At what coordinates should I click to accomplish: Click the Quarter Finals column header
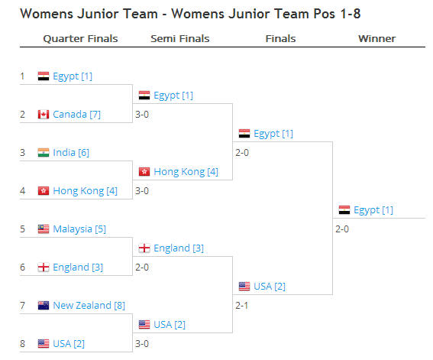(80, 39)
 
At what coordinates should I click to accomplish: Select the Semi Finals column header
(180, 39)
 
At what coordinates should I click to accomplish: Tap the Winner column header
(377, 39)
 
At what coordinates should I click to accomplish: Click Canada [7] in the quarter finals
(76, 115)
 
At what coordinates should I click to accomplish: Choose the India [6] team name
(71, 153)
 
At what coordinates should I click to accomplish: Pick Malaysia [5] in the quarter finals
(79, 229)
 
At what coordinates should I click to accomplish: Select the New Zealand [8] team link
(89, 306)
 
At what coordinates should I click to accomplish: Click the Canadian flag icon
(44, 115)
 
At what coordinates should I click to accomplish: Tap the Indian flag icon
(44, 153)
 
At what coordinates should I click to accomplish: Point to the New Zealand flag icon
(44, 305)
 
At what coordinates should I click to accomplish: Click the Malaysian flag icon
(44, 229)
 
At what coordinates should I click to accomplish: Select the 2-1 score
(241, 306)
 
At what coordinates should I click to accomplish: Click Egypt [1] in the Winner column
(373, 210)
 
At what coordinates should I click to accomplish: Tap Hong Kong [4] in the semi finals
(186, 172)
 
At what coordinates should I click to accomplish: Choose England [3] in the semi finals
(179, 248)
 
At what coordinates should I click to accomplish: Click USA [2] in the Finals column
(270, 287)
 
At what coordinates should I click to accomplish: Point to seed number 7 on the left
(22, 306)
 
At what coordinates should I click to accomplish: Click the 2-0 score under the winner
(342, 229)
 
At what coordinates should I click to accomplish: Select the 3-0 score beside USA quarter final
(142, 344)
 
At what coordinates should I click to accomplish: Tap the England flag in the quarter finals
(44, 268)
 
